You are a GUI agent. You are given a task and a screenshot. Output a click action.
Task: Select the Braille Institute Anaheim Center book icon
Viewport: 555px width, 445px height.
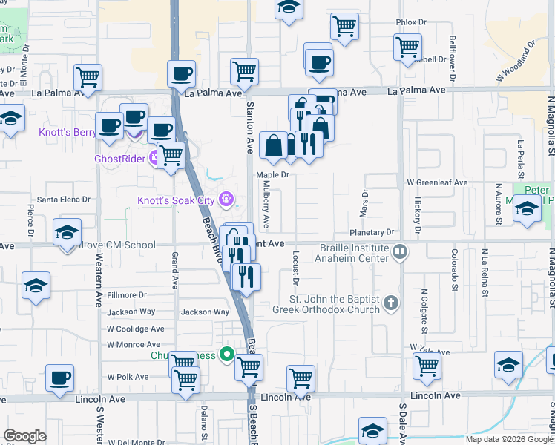coord(400,253)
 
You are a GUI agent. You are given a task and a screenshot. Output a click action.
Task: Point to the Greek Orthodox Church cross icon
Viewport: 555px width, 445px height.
coord(392,303)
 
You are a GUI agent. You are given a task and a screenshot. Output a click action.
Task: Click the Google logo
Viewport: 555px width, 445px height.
coord(24,435)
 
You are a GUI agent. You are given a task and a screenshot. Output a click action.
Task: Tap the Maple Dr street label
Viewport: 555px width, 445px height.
coord(272,175)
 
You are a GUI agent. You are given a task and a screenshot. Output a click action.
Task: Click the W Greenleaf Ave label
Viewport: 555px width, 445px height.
coord(437,182)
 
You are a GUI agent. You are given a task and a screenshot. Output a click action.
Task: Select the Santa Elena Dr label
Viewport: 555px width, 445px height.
coord(64,200)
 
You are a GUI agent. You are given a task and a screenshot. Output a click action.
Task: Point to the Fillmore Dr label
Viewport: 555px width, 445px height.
coord(128,295)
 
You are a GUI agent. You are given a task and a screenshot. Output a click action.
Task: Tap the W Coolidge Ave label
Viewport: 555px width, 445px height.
coord(135,329)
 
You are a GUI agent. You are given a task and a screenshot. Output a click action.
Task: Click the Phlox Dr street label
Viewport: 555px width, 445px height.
coord(412,23)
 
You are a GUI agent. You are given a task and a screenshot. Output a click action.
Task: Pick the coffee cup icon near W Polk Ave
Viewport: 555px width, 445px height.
coord(59,378)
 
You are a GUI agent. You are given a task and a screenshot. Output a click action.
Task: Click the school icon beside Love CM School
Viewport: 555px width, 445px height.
coord(67,233)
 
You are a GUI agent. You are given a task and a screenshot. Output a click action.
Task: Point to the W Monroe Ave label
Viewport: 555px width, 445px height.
coord(134,345)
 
